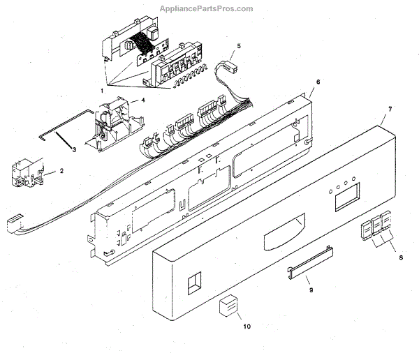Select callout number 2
(61, 170)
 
